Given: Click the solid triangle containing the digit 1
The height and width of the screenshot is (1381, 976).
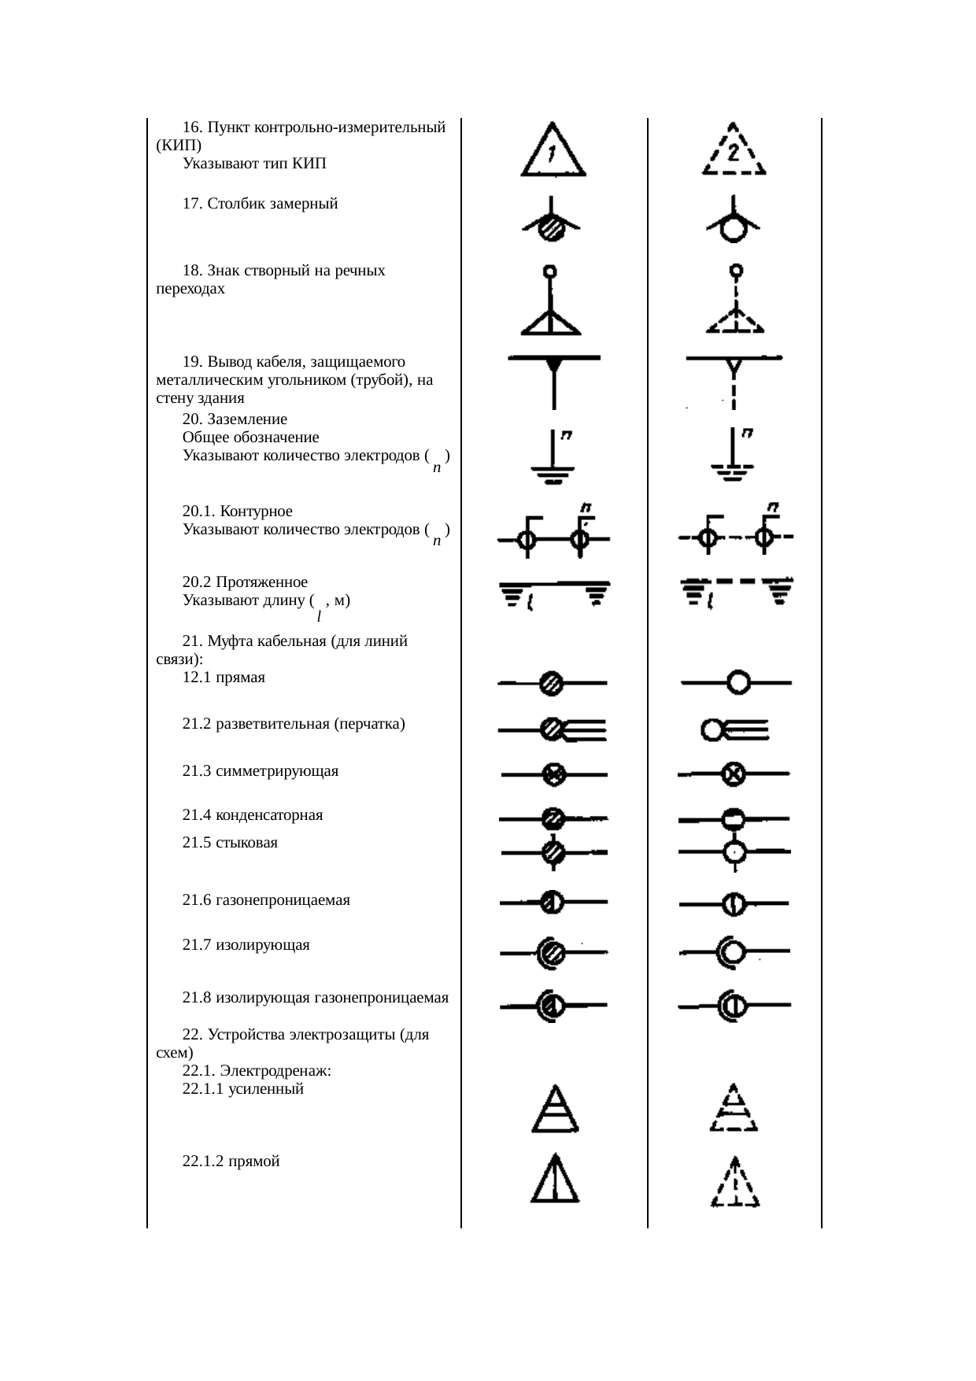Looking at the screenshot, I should click(553, 153).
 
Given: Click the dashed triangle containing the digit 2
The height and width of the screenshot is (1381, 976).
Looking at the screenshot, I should click(734, 153).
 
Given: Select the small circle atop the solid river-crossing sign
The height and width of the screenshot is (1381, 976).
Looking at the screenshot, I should click(551, 271).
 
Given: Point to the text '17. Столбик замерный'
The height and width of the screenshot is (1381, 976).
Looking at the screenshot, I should click(260, 204).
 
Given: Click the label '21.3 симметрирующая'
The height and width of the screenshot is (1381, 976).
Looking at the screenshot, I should click(260, 771).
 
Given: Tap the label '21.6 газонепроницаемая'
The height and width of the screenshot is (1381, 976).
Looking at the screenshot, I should click(266, 900).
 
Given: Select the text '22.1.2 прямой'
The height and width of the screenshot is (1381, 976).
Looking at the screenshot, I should click(231, 1161).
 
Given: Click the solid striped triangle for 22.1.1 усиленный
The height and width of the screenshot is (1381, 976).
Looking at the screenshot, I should click(556, 1111).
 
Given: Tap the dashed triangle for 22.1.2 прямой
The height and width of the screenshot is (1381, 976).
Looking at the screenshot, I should click(735, 1182).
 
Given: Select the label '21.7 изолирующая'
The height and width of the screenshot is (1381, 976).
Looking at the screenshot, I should click(246, 945).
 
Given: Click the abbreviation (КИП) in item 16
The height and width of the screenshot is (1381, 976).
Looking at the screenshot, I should click(179, 146).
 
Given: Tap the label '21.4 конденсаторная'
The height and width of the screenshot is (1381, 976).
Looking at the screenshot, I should click(253, 815).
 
